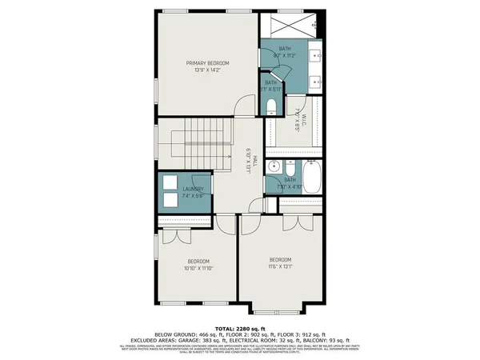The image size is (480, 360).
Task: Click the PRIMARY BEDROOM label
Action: (x=207, y=63)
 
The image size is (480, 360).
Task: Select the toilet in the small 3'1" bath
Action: (x=271, y=106)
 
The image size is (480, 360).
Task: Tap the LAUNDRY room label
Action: (x=183, y=189)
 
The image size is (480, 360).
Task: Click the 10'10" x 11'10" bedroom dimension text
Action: (x=199, y=269)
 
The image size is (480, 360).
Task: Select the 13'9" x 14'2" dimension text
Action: (x=207, y=70)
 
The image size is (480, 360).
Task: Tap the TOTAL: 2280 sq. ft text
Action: (x=240, y=329)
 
